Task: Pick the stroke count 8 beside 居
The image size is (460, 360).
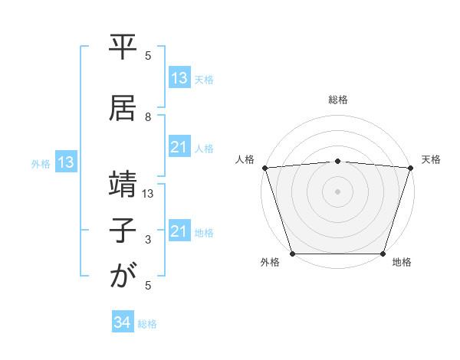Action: tap(149, 116)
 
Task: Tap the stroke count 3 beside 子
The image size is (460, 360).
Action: tap(149, 240)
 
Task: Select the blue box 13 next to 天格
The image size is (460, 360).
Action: tap(179, 78)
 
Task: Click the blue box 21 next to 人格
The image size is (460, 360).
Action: tap(179, 147)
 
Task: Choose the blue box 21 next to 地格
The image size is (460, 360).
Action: tap(179, 231)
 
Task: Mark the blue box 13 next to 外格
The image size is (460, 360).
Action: tap(65, 162)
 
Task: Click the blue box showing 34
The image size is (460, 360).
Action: tap(123, 323)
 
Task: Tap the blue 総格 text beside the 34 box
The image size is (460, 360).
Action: tap(147, 324)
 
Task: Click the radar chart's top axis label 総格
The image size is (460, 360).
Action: tap(337, 100)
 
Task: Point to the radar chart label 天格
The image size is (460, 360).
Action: tap(432, 159)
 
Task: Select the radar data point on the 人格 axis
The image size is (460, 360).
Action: tap(264, 168)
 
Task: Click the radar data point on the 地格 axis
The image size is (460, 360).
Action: tap(383, 254)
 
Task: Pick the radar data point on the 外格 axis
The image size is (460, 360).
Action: tap(292, 254)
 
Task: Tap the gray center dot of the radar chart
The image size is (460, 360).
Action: tap(337, 191)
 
